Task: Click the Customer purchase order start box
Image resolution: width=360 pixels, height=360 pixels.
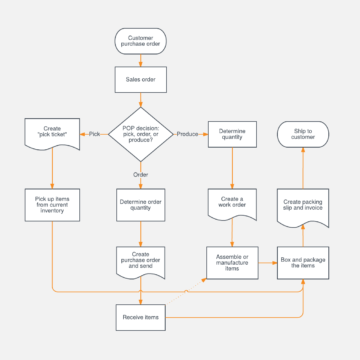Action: [x=140, y=41]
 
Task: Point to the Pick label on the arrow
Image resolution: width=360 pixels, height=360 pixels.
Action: [x=94, y=133]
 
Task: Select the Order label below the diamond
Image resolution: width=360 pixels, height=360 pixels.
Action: [x=140, y=174]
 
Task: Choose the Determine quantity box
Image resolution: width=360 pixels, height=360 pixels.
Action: [x=231, y=134]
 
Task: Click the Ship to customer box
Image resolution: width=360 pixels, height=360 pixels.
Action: [x=303, y=133]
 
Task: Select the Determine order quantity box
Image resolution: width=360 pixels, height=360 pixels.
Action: [x=140, y=205]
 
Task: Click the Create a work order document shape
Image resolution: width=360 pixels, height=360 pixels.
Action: [x=231, y=204]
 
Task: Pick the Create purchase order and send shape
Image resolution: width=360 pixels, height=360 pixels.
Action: [x=140, y=262]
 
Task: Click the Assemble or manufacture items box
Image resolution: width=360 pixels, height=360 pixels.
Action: [x=231, y=262]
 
